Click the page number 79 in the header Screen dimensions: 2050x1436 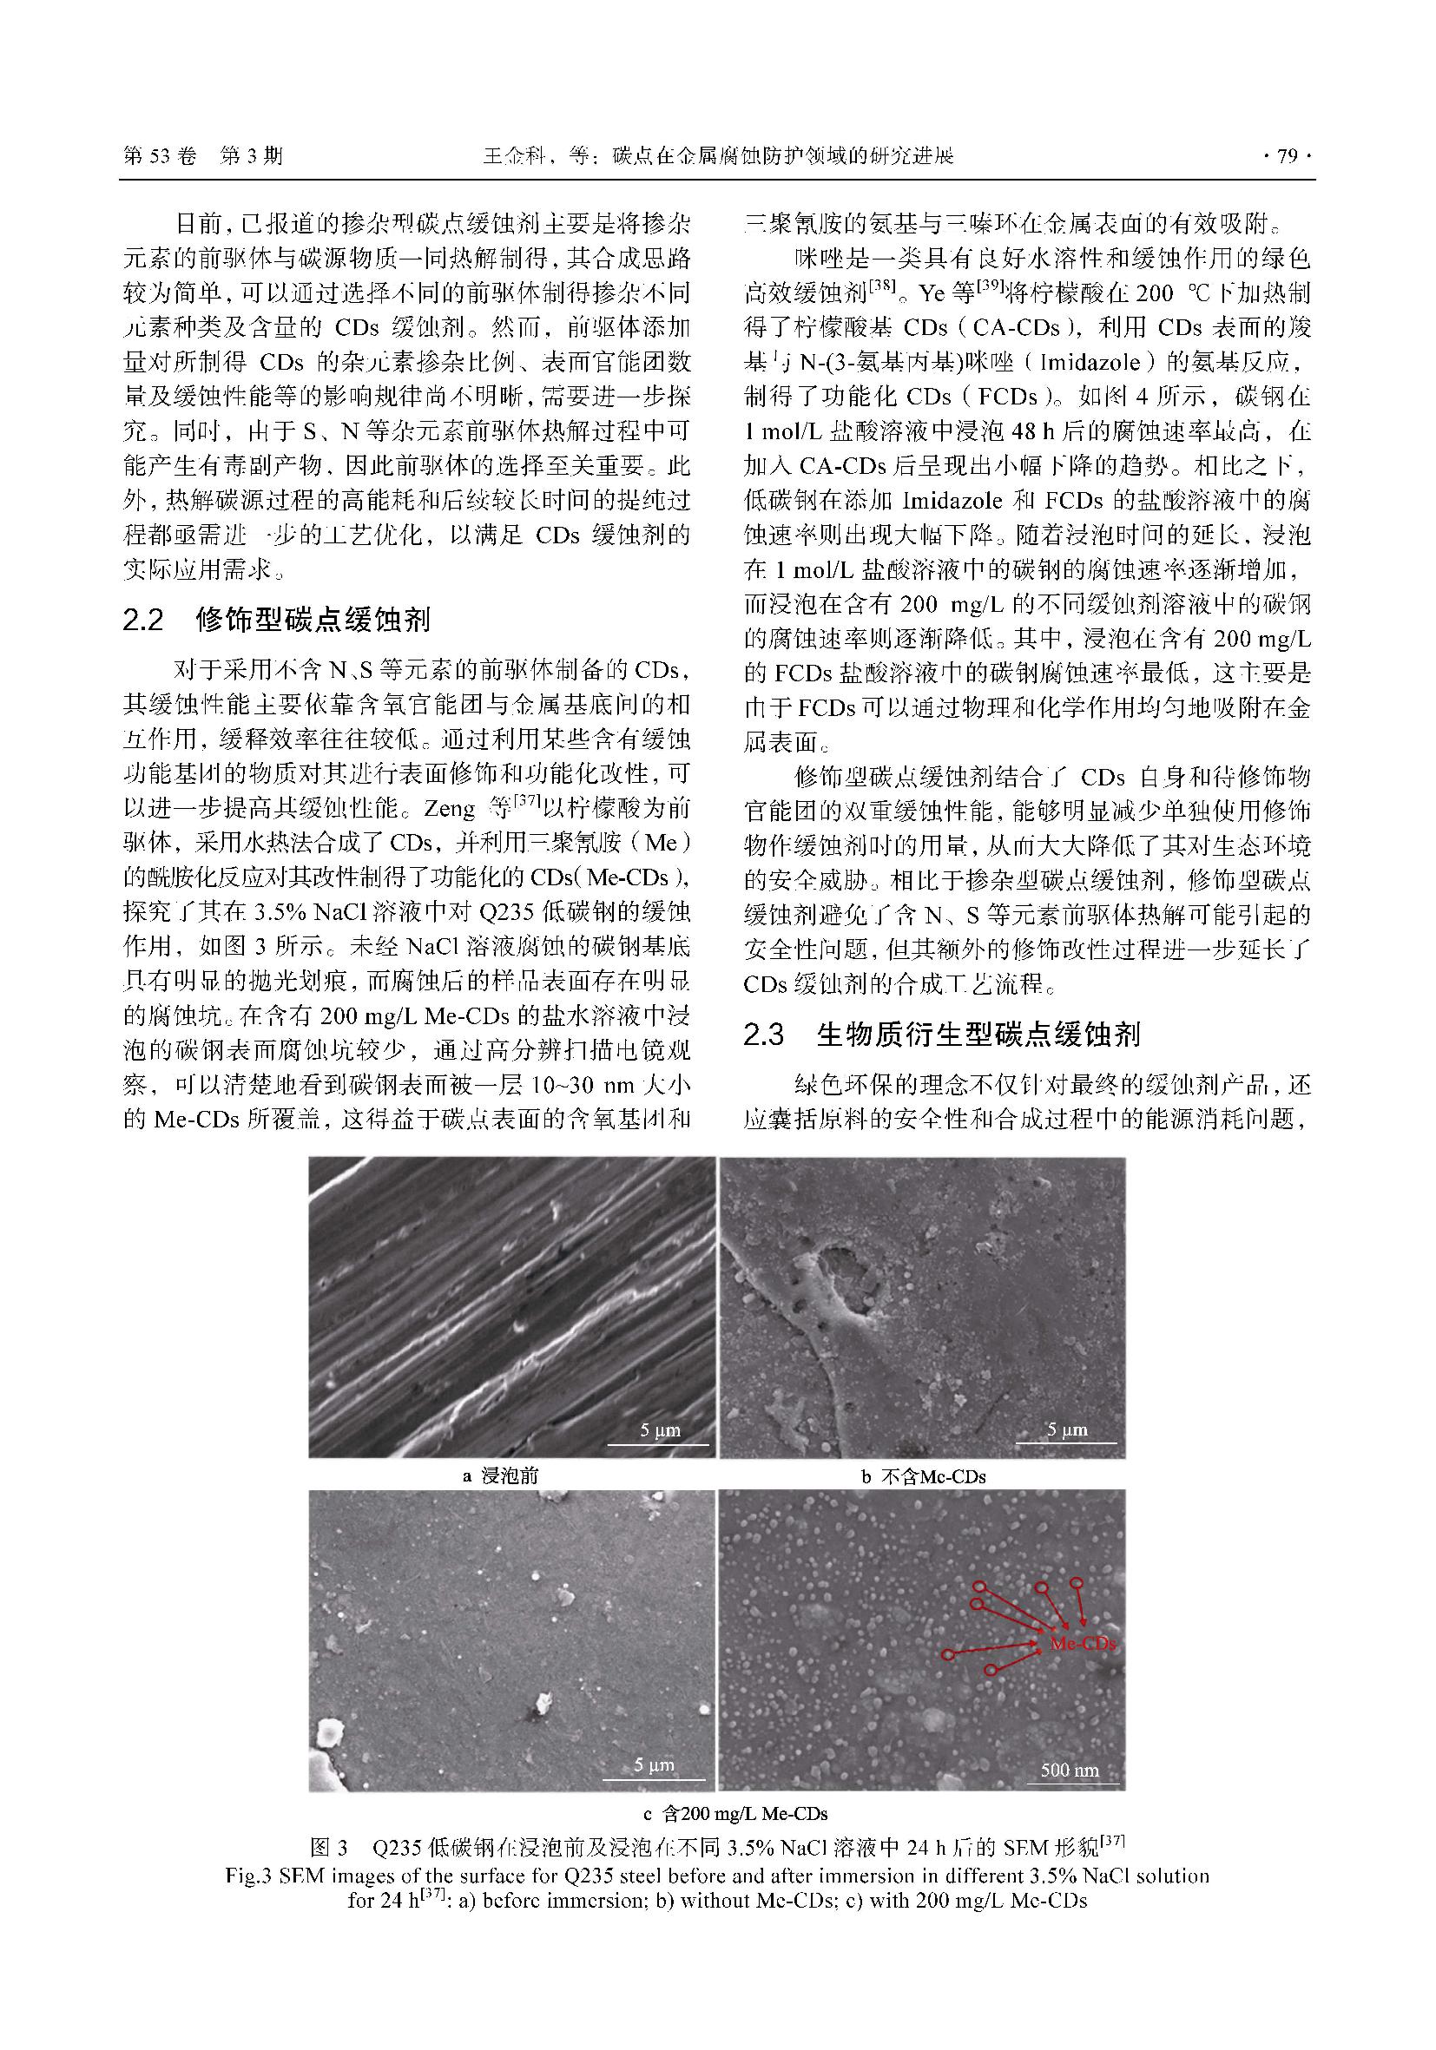1286,157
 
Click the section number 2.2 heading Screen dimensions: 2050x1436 144,620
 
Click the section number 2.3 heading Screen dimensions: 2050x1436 764,1035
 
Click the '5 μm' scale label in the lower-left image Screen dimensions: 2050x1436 654,1765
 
